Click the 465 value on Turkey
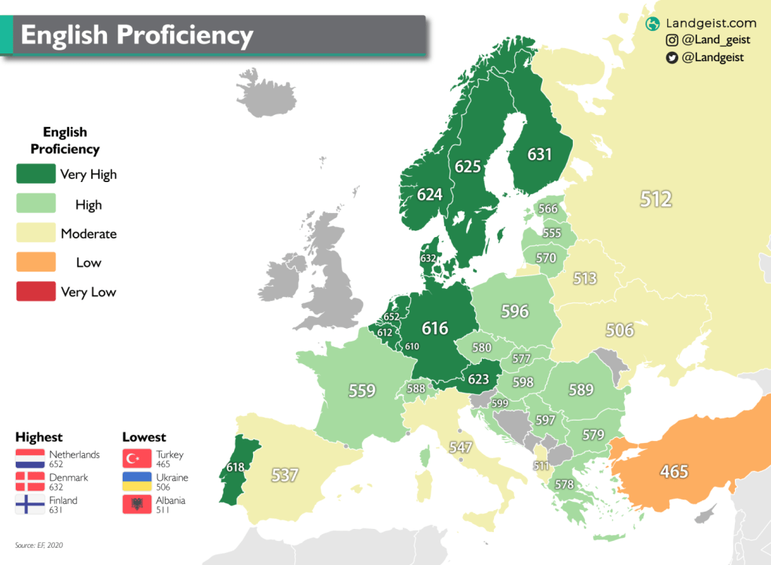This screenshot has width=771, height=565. coord(674,472)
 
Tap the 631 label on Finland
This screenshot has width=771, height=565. coord(539,155)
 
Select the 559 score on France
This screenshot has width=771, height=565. coord(361,390)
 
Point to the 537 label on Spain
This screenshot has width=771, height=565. coord(285,475)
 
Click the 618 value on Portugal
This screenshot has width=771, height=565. coord(235,468)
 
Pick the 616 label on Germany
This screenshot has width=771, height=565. coord(434,328)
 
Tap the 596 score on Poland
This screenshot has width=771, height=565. coord(515,311)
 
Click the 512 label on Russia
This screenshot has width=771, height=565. coord(655,199)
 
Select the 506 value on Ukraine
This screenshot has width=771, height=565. coord(619,330)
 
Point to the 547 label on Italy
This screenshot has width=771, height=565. coord(460,448)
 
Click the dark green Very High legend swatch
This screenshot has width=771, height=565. coord(36,175)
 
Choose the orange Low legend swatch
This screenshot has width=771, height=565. coord(36,263)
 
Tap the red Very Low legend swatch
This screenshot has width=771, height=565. coord(36,291)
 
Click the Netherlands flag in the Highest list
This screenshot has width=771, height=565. coord(30,459)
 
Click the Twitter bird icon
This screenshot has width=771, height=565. coord(672,57)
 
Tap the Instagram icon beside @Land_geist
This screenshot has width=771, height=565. coord(672,41)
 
